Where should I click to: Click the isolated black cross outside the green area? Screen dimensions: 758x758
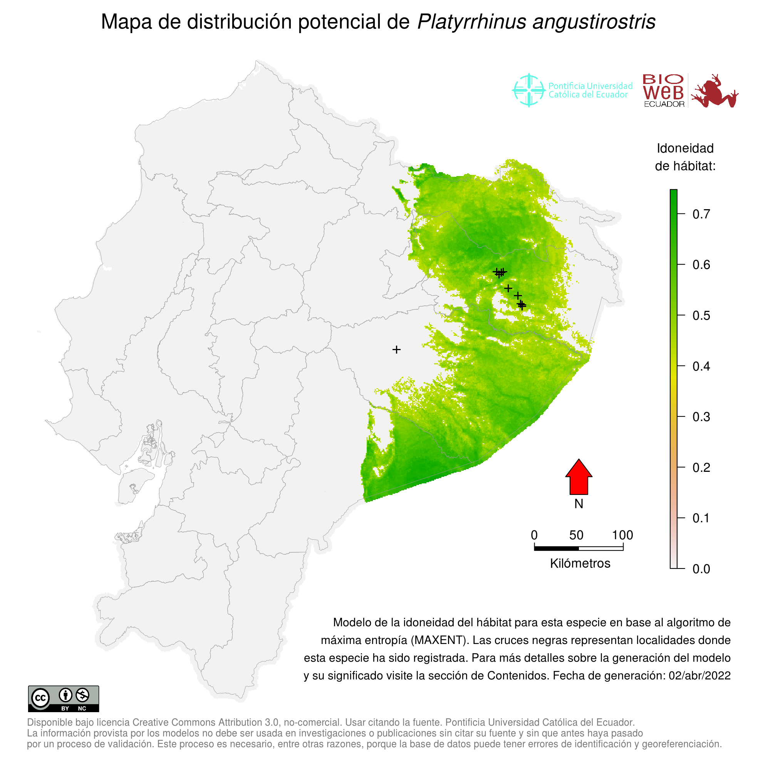pyautogui.click(x=396, y=350)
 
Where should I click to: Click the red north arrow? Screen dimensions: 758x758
pyautogui.click(x=579, y=478)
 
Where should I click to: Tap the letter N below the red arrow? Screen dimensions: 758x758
pyautogui.click(x=579, y=504)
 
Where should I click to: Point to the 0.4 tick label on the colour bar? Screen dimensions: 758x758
pyautogui.click(x=701, y=366)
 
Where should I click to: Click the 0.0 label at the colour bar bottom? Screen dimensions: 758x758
pyautogui.click(x=701, y=569)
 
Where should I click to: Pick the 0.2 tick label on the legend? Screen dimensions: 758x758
pyautogui.click(x=701, y=468)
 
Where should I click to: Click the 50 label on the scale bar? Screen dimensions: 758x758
pyautogui.click(x=576, y=535)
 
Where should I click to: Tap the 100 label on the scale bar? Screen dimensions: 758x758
pyautogui.click(x=623, y=535)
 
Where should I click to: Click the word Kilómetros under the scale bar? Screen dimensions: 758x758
pyautogui.click(x=580, y=563)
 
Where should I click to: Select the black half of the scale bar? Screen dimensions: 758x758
pyautogui.click(x=556, y=548)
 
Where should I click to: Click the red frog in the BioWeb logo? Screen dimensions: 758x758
pyautogui.click(x=715, y=91)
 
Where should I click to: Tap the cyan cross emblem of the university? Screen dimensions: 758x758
pyautogui.click(x=528, y=90)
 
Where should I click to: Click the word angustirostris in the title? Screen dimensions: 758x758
pyautogui.click(x=594, y=22)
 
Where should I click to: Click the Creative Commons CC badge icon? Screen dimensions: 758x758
pyautogui.click(x=40, y=698)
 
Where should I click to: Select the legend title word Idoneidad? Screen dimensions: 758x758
pyautogui.click(x=685, y=148)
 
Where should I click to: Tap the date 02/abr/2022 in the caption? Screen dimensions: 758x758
pyautogui.click(x=699, y=676)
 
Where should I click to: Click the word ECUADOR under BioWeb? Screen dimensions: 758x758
pyautogui.click(x=664, y=104)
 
